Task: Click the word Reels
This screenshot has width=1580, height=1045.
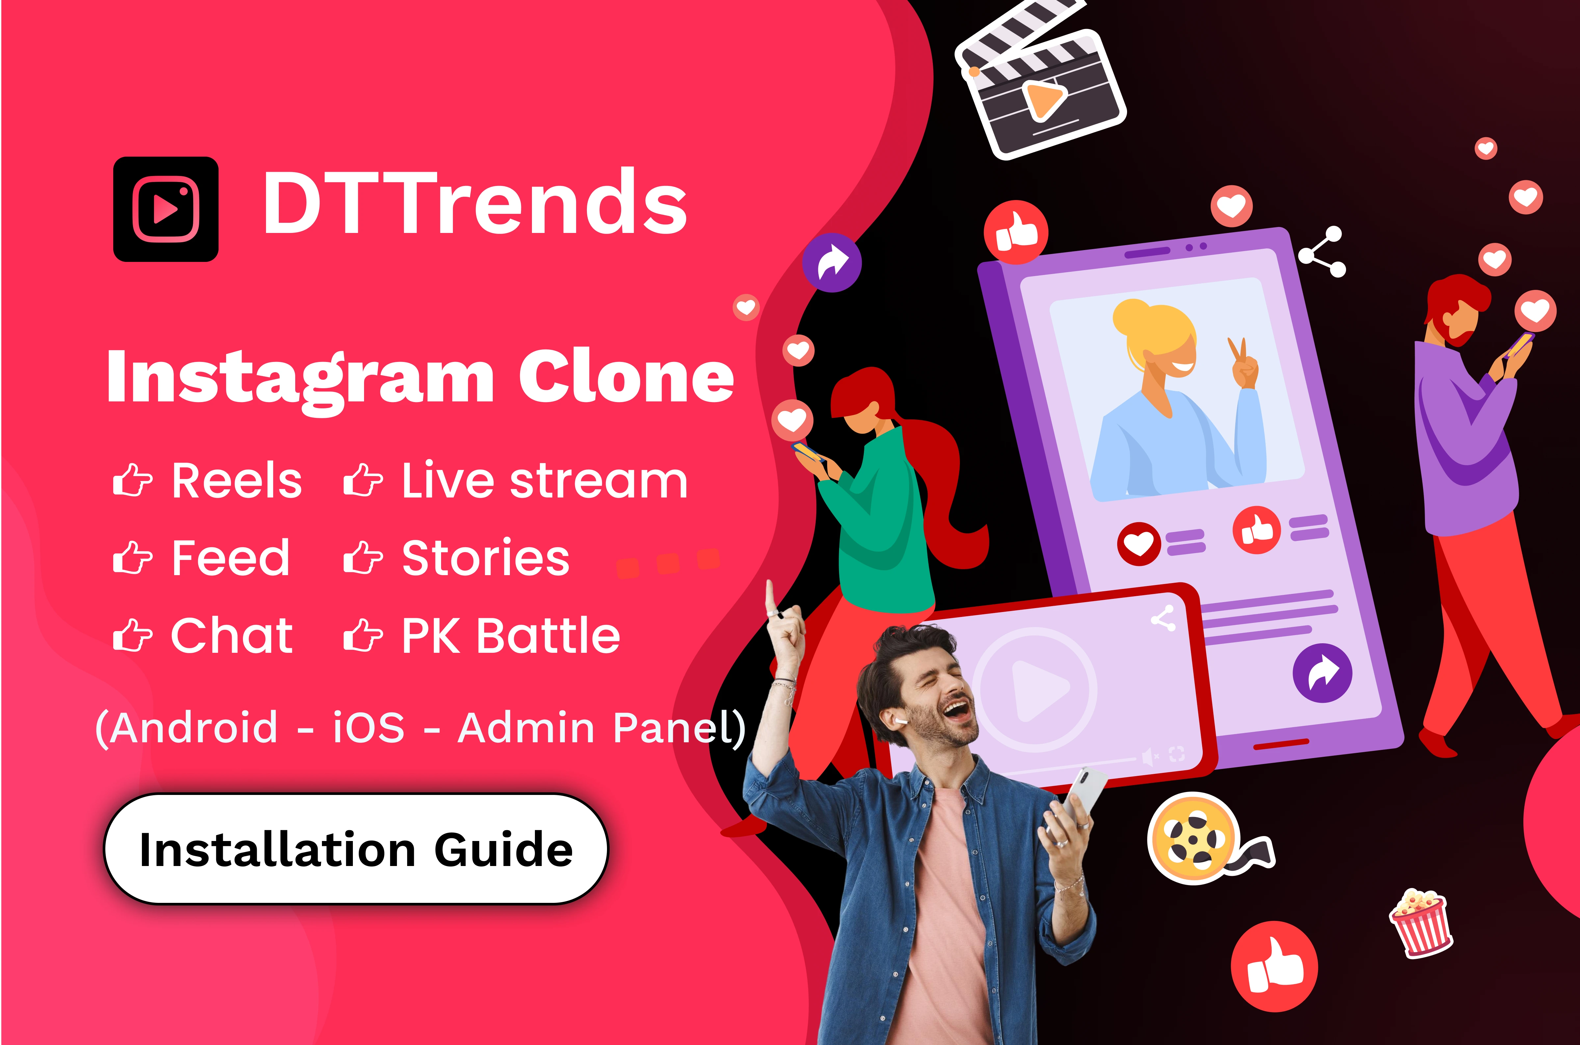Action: coord(237,480)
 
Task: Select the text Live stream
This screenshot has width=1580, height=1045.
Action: coord(544,480)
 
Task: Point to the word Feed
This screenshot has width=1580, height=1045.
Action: coord(231,558)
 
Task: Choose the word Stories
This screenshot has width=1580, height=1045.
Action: coord(485,558)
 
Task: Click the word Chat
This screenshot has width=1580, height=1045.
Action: coord(232,635)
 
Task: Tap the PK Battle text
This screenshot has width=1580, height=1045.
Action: coord(511,635)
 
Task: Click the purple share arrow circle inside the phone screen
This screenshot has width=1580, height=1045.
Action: coord(1323,673)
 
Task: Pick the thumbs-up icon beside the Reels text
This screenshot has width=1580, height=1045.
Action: coord(133,480)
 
